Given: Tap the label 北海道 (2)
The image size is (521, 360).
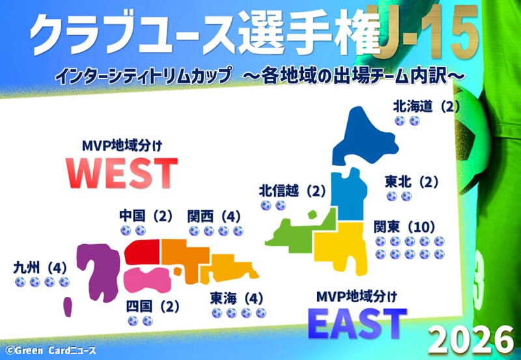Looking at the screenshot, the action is (x=427, y=107).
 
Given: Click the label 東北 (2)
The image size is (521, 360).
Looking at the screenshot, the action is (x=412, y=182).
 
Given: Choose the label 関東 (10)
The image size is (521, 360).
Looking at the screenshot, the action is (x=404, y=227).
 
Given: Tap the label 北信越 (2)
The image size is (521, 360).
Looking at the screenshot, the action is (x=292, y=191).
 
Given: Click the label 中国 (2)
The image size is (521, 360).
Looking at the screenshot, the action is (x=146, y=216).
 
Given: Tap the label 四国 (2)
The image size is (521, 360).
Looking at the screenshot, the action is (x=152, y=307).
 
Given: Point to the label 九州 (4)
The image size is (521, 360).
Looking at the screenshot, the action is (x=40, y=268).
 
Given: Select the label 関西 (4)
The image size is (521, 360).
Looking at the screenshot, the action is (x=214, y=217).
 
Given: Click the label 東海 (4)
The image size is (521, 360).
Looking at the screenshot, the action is (x=236, y=299).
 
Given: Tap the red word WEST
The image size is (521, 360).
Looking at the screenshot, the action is (x=122, y=173).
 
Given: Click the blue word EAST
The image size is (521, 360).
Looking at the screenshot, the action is (x=357, y=323).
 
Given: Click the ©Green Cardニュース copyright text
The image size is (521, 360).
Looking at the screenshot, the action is (x=51, y=350).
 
